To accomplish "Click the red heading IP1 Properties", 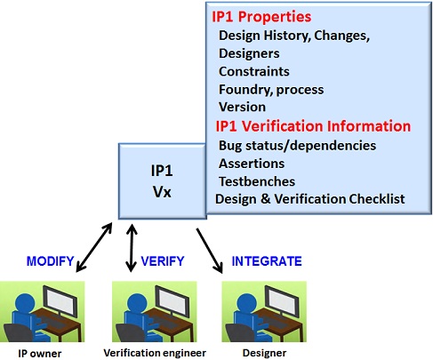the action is (x=261, y=17).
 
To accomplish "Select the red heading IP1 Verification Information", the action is (x=313, y=126).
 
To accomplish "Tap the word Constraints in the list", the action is (x=254, y=71).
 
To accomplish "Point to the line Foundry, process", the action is (x=271, y=90).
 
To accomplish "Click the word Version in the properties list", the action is (x=242, y=107).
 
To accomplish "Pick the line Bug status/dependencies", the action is (x=297, y=146).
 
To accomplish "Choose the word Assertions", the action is (x=252, y=164).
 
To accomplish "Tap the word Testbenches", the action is (x=257, y=181).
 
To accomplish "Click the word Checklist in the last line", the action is (x=377, y=199).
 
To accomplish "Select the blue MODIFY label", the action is (x=50, y=261).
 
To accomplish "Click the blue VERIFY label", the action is (x=163, y=261).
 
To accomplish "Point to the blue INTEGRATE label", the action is (x=267, y=261).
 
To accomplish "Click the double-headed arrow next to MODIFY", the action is (x=94, y=247).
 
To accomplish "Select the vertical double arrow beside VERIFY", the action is (x=132, y=248).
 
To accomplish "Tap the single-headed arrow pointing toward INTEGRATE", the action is (x=210, y=251).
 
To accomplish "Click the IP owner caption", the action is (x=40, y=354).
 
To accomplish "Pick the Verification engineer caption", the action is (x=155, y=353).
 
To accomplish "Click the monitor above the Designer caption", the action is (x=281, y=301).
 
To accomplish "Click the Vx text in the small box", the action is (x=162, y=192).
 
